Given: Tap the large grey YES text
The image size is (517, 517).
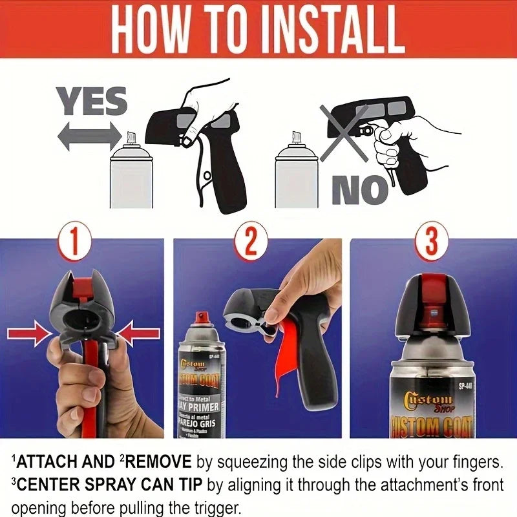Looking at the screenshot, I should [91, 103].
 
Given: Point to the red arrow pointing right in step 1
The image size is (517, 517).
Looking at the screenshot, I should [28, 334].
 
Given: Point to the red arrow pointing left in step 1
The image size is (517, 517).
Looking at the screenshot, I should [139, 334].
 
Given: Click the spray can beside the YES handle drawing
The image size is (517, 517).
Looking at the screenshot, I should [132, 171].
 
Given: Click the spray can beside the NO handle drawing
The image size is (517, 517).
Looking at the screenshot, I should [297, 171].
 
